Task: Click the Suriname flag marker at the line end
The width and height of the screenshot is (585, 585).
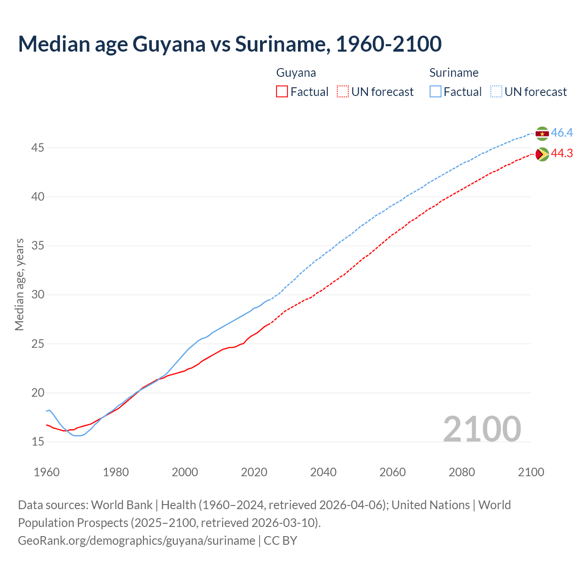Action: click(x=542, y=133)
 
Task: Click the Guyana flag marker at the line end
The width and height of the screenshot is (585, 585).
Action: click(x=542, y=154)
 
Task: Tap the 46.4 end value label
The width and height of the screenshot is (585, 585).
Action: click(x=562, y=133)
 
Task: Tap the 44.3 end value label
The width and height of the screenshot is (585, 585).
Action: click(x=562, y=154)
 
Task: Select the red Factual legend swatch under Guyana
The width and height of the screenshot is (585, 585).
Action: click(x=282, y=92)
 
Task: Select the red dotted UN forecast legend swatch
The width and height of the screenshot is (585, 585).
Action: click(x=343, y=92)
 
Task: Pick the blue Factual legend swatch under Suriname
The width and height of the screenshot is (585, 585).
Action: click(x=436, y=92)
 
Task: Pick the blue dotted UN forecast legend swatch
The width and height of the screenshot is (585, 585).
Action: click(x=496, y=92)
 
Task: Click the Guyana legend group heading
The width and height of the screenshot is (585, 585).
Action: click(x=296, y=73)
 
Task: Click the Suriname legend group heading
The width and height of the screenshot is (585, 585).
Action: click(x=454, y=73)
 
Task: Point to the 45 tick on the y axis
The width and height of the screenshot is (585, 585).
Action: click(x=38, y=148)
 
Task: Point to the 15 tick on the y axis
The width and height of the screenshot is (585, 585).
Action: click(x=38, y=442)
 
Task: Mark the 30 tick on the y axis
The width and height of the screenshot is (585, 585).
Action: click(x=38, y=295)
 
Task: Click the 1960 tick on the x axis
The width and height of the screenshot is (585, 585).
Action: click(x=47, y=472)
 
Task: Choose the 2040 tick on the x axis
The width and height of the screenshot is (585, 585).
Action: click(x=323, y=472)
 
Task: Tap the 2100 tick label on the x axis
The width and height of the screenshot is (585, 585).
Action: click(x=531, y=472)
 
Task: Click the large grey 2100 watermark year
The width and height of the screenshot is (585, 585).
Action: click(x=482, y=429)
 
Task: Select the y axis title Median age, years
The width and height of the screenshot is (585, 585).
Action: click(x=19, y=284)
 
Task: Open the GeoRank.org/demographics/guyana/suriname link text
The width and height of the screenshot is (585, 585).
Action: click(x=137, y=541)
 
